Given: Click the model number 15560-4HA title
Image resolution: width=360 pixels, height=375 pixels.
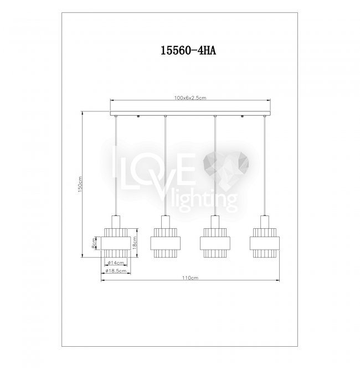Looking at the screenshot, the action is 188,50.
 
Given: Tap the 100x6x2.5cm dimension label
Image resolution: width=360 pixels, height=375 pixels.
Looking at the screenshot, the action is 190,98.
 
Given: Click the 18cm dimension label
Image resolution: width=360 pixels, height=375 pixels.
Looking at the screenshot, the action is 135,243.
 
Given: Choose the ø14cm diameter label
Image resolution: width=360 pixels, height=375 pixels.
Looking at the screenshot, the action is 116,263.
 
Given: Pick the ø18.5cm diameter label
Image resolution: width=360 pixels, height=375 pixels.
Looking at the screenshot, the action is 116,271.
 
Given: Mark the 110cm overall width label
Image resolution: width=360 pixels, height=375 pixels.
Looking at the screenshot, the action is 190,278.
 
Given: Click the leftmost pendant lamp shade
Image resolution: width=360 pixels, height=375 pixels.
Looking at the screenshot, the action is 116,243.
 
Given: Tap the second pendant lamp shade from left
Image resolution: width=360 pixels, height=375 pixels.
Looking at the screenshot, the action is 165,243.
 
